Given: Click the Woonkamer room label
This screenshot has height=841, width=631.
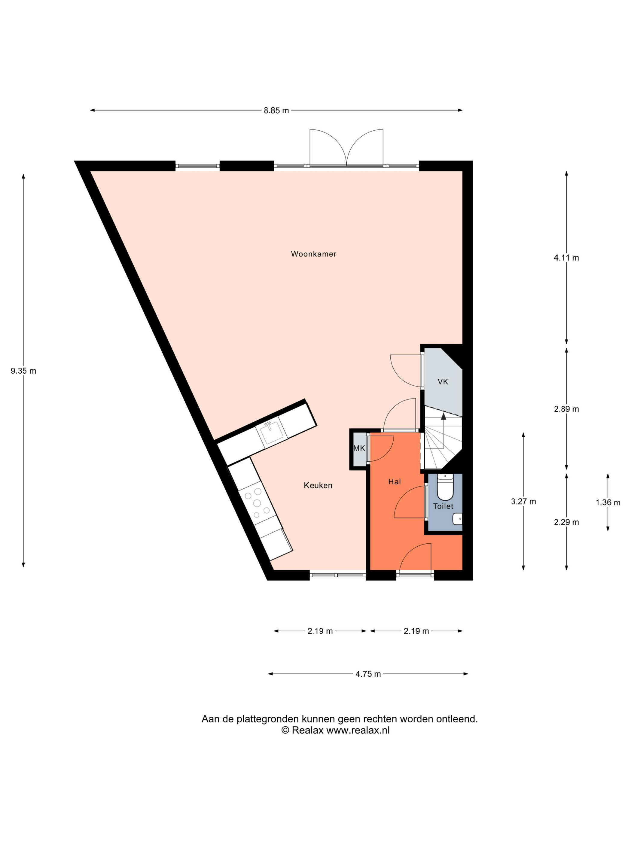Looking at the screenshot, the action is coord(313,254).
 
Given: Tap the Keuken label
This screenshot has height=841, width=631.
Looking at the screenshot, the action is coord(318,485).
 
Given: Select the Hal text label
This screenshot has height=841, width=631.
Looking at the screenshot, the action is coord(395,482).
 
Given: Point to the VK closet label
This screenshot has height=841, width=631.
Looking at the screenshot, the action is coord(443,382).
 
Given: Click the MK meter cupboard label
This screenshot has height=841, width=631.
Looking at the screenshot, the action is coord(359,448).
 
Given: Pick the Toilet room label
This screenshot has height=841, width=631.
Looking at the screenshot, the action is coord(443,506).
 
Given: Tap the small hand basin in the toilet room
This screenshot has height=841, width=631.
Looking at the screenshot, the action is coord(458,519).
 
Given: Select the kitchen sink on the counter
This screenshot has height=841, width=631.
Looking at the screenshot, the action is coord(272,433).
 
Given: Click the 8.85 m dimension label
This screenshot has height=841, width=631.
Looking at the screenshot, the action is coord(276,111).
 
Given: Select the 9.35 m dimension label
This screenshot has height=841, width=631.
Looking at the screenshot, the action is coord(23,371).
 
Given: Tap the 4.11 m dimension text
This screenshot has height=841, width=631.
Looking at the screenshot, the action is coord(566,258).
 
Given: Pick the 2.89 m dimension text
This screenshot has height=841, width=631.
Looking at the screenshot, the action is coord(566,409).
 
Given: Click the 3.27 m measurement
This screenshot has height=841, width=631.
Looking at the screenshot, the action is coord(523,502).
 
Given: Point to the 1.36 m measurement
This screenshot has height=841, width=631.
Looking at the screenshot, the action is coord(608,502).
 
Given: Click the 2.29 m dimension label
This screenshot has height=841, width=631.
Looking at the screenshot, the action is coord(566,522).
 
